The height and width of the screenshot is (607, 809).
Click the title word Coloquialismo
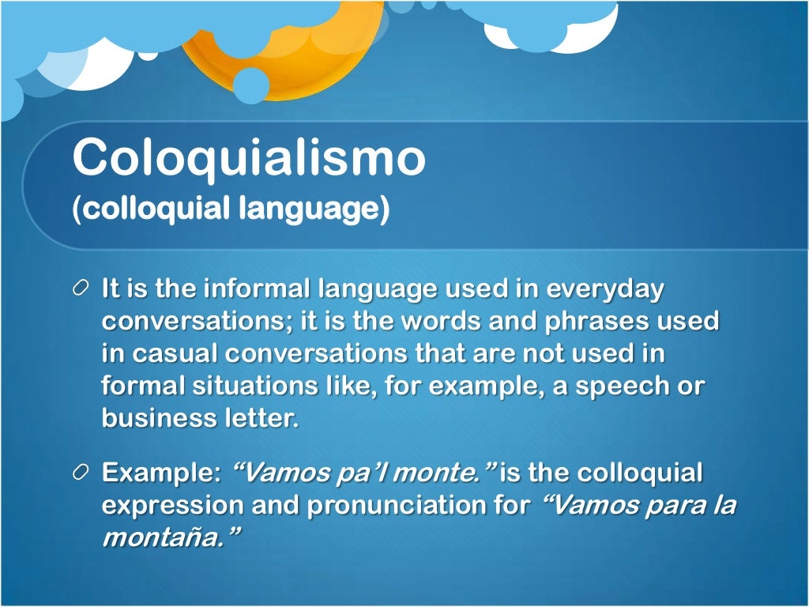tap(249, 157)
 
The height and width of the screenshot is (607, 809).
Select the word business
tap(156, 418)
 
